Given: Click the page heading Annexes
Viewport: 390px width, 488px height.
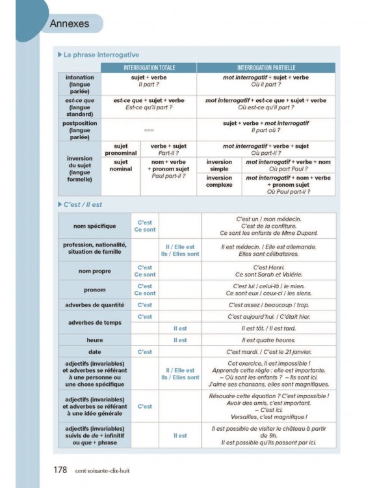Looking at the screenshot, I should pos(70,24).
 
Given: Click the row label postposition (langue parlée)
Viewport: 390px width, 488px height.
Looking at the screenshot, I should pos(79,130).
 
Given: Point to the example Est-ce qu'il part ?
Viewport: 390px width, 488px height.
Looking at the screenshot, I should pos(149,108).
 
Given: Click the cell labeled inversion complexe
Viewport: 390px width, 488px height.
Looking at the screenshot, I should pos(219,181).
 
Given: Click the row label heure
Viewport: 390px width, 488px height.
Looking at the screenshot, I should pos(95,340).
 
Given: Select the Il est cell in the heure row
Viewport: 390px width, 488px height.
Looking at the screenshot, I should pos(180,340).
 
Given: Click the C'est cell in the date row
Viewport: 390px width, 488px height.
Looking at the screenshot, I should pos(144,351).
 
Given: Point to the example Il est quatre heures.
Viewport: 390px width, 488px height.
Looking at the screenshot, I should pos(268,340).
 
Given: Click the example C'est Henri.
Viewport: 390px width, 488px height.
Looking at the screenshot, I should pos(268,267).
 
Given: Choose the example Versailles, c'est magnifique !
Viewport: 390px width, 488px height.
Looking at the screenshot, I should pos(268,417).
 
